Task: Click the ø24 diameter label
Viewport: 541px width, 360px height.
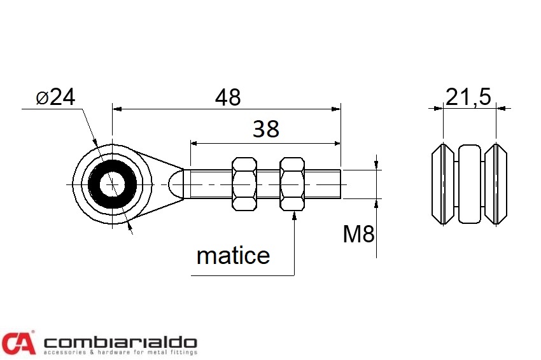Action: coord(55,97)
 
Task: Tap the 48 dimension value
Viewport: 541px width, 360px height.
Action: coord(228,97)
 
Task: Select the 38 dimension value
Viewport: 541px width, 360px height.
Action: coord(265,129)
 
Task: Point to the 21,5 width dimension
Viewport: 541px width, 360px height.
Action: coord(468,97)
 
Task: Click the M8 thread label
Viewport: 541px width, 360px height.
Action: coord(358,234)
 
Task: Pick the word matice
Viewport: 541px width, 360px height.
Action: coord(233,256)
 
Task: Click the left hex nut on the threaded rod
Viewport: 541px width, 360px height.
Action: coord(244,184)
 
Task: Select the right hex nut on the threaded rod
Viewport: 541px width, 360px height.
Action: coord(292,184)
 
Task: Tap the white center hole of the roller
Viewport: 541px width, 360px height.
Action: coord(112,184)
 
